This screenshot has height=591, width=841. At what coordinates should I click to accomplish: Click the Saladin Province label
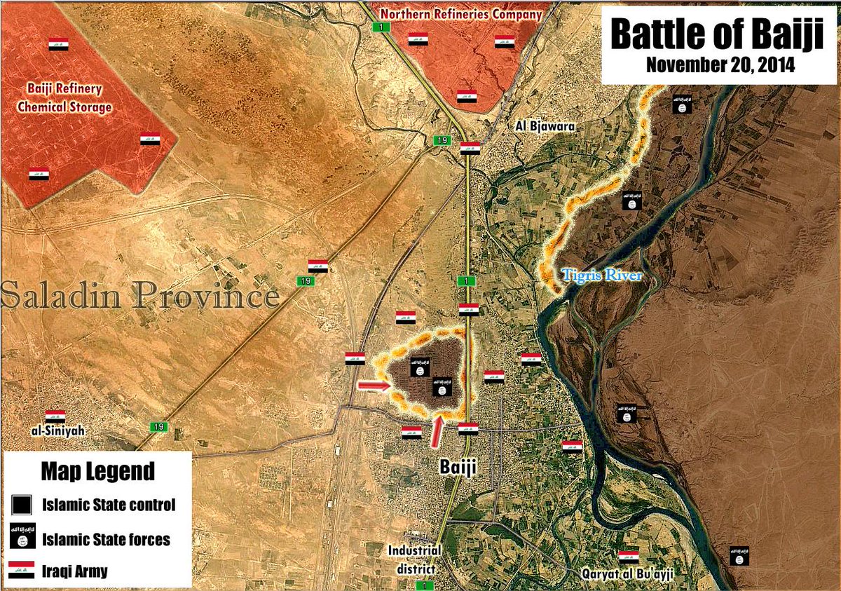[x=140, y=296]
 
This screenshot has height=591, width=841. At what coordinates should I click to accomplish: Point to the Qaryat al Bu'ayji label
[x=628, y=573]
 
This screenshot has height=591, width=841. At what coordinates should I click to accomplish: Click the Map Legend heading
[x=97, y=471]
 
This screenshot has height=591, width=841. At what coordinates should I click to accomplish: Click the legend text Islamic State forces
[x=106, y=539]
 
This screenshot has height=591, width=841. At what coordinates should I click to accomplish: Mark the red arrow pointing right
[x=373, y=385]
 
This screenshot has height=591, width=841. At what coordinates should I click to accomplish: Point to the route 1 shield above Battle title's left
[x=382, y=27]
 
